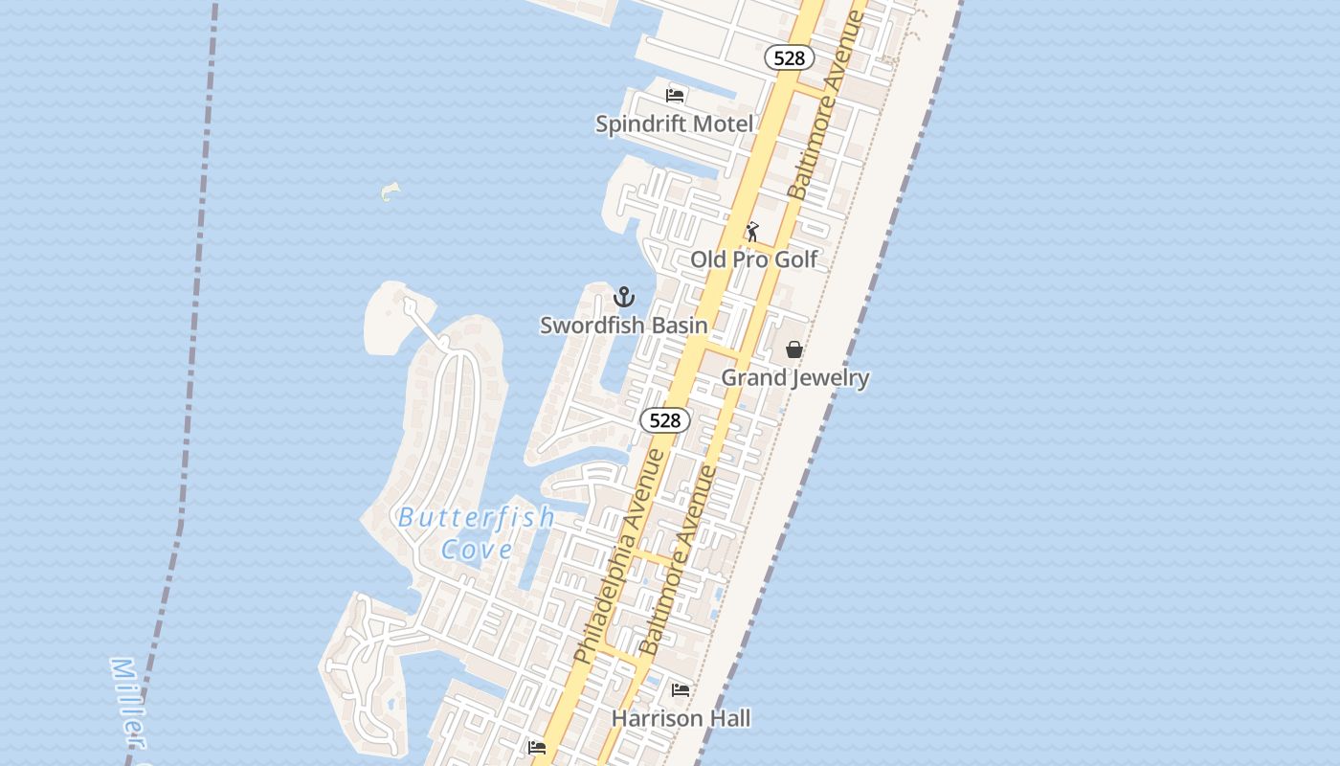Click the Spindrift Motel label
(x=674, y=124)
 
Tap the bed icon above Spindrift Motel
(x=675, y=95)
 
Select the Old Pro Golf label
(x=754, y=259)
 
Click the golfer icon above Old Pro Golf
(x=752, y=232)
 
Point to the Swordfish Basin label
(x=624, y=326)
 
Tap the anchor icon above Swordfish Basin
(x=624, y=297)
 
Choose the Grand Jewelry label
(x=794, y=377)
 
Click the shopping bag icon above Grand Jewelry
(x=794, y=349)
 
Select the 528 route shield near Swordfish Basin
(x=665, y=420)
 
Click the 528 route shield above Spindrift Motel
(x=790, y=58)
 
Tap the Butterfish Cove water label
(x=476, y=532)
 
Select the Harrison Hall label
(x=681, y=718)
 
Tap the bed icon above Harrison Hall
(x=681, y=689)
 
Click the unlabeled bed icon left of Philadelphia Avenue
(x=537, y=747)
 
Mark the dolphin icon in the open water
(x=390, y=191)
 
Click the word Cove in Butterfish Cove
(x=477, y=550)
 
